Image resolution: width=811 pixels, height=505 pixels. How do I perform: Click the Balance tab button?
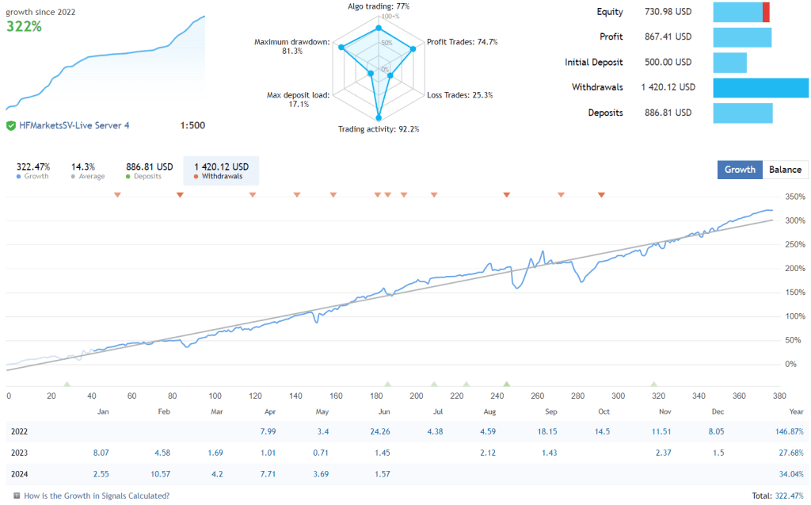pos(786,169)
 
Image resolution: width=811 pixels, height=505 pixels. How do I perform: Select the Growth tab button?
pos(740,169)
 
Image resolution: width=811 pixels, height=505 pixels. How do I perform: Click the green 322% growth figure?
pos(25,26)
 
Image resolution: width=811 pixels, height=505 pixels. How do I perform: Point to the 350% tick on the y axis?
pos(795,197)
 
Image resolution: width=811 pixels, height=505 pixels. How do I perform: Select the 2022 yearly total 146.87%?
pos(788,431)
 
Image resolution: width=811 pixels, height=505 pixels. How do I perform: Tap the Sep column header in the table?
pos(550,412)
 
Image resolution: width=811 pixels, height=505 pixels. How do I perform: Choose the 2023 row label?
pos(21,453)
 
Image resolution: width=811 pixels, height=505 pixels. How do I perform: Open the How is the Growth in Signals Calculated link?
pos(97,495)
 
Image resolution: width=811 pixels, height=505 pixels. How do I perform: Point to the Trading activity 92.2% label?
pos(379,129)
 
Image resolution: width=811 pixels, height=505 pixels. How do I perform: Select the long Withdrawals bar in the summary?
pos(760,87)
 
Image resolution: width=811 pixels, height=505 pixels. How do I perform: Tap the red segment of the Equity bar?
pos(766,12)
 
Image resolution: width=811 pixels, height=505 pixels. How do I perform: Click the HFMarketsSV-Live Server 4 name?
pos(74,125)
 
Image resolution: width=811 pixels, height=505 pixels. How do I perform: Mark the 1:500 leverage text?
pos(192,125)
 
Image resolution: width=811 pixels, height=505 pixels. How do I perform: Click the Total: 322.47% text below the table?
pos(778,495)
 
